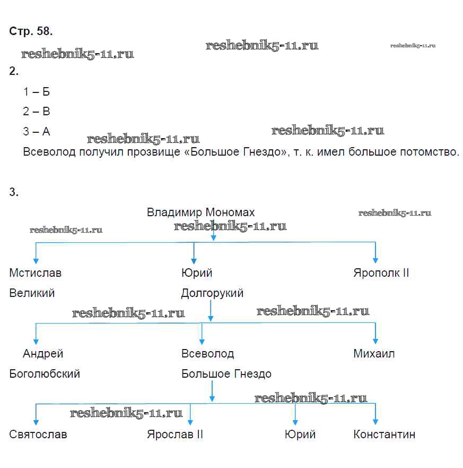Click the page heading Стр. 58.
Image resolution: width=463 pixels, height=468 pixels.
(31, 31)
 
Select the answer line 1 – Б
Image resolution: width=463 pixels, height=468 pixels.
(36, 92)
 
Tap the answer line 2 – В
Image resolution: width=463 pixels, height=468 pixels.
(36, 112)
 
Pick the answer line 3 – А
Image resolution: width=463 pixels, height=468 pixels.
(36, 132)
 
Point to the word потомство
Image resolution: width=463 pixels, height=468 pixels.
(429, 152)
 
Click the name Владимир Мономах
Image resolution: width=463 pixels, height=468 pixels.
(200, 212)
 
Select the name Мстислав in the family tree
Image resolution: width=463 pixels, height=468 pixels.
(35, 273)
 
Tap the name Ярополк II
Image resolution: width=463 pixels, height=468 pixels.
(381, 273)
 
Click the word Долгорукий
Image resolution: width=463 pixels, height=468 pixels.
(212, 293)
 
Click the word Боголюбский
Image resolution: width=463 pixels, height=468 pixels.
(45, 374)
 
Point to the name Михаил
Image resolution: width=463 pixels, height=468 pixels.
(374, 354)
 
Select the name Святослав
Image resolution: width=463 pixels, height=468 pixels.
(38, 435)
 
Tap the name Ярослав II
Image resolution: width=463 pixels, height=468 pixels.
(175, 435)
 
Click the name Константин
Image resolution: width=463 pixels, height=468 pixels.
(384, 435)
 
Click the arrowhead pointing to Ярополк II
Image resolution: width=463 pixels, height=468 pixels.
(375, 260)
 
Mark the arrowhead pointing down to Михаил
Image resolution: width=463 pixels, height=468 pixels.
(375, 341)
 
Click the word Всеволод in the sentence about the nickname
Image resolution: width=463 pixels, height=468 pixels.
(49, 152)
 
